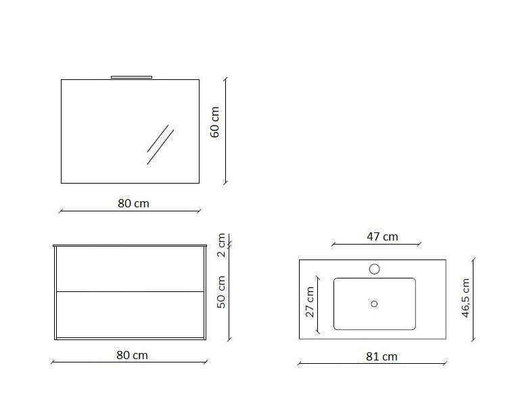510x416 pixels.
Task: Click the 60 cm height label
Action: click(x=214, y=122)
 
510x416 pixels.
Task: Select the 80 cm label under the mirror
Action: click(x=133, y=204)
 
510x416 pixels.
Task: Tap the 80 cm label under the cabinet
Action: click(x=132, y=355)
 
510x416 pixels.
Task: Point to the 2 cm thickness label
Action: click(x=221, y=245)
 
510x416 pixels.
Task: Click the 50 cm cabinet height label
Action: click(x=221, y=292)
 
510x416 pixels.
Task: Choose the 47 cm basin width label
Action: click(x=382, y=237)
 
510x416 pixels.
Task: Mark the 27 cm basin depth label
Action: click(x=310, y=301)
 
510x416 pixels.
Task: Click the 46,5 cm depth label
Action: click(x=465, y=297)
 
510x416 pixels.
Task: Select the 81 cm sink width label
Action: click(x=381, y=356)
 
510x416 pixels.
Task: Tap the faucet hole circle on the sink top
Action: click(x=374, y=269)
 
